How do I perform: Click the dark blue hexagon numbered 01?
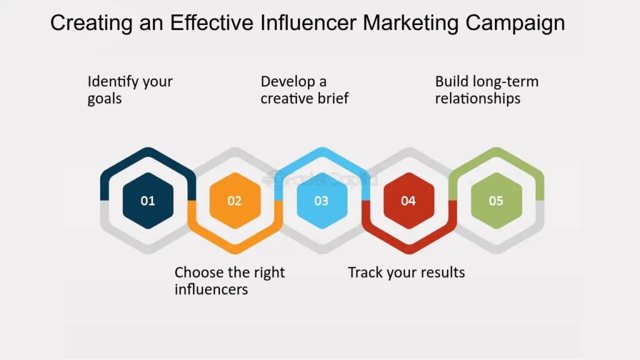point(147,201)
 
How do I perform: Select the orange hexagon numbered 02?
point(234,201)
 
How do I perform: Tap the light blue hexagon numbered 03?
point(321,201)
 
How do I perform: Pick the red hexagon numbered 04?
point(408,201)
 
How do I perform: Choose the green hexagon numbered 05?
point(496,201)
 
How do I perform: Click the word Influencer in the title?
point(306,23)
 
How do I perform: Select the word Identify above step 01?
point(112,82)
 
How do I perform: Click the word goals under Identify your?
point(104,99)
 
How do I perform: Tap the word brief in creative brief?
point(332,99)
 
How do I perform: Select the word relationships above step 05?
point(477,99)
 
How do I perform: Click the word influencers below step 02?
point(211,289)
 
